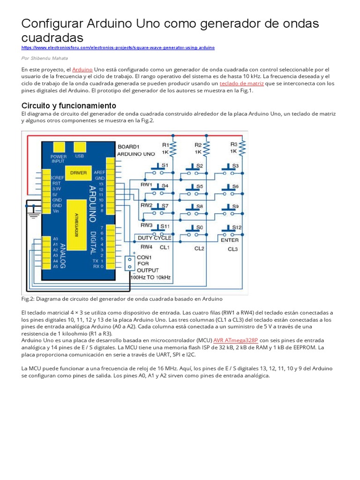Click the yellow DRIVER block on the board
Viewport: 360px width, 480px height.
coord(78,173)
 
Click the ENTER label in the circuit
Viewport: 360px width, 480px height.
coord(230,240)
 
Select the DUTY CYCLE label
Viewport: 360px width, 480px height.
coord(154,238)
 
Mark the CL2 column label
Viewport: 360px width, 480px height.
coord(199,248)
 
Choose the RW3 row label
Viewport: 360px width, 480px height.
coord(146,225)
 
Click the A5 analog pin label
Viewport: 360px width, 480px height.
coord(55,266)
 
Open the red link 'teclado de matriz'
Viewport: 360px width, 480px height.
coord(241,83)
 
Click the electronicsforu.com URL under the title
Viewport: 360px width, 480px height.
coord(118,48)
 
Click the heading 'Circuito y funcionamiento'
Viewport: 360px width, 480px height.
coord(68,105)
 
